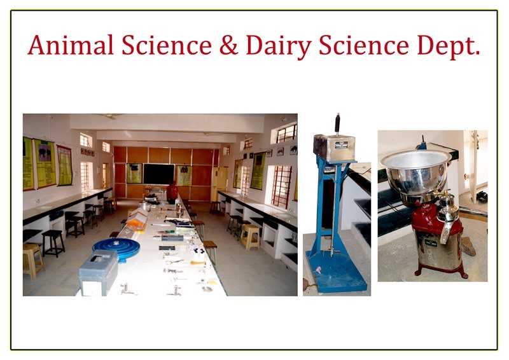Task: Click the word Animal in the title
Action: tap(71, 45)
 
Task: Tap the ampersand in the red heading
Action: tap(228, 45)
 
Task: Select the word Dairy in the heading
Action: tap(279, 46)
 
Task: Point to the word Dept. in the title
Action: tap(449, 46)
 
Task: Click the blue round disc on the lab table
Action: tap(116, 248)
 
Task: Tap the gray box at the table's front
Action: tap(98, 272)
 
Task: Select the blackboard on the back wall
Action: tap(158, 174)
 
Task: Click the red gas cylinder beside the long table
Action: tap(172, 192)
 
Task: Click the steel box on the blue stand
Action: tap(335, 148)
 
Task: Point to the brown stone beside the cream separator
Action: tap(468, 246)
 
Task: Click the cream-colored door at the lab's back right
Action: tap(220, 183)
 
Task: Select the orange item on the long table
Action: tap(136, 223)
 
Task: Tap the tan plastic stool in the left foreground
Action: tap(32, 260)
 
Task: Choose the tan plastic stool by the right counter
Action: tap(250, 237)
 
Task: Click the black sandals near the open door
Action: tap(482, 197)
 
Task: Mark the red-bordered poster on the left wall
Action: tap(65, 165)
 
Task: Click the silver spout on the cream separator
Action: tap(446, 232)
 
